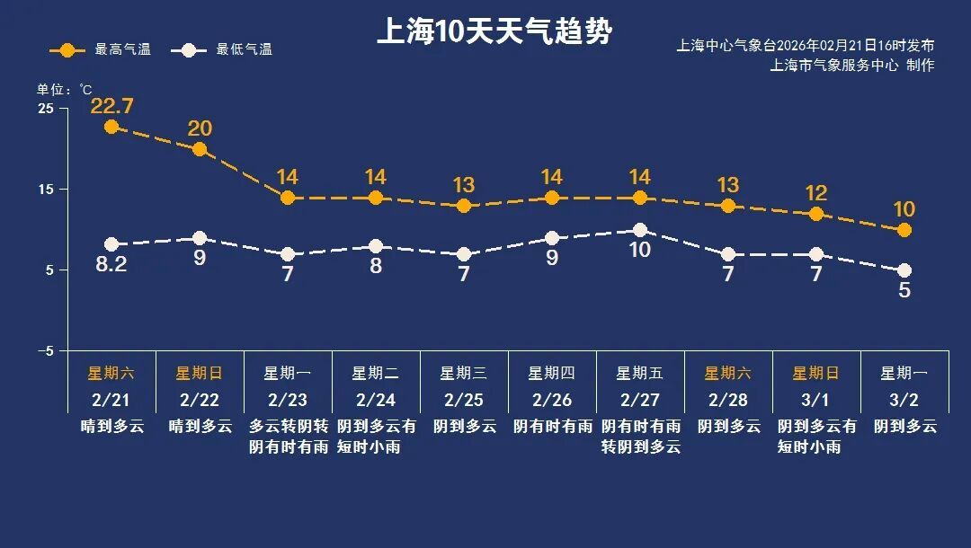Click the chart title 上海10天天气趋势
[494, 32]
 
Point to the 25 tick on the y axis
[45, 109]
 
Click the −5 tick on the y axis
[45, 350]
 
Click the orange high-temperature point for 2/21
[111, 127]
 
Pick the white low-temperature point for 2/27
[639, 230]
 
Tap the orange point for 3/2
[904, 230]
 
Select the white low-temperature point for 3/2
[904, 270]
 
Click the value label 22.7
[111, 106]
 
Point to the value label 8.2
[111, 265]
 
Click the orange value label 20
[200, 128]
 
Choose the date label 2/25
[464, 399]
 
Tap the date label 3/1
[815, 399]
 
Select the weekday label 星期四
[551, 373]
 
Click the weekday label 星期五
[639, 373]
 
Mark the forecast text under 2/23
[288, 436]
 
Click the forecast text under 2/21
[111, 426]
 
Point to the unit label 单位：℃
[64, 89]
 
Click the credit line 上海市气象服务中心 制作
[851, 65]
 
